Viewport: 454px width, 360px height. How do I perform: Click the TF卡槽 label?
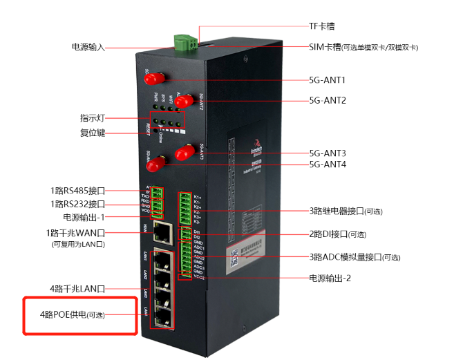pyautogui.click(x=321, y=26)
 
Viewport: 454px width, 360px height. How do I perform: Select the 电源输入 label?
pyautogui.click(x=88, y=47)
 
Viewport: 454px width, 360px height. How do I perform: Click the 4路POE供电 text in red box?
pyautogui.click(x=76, y=315)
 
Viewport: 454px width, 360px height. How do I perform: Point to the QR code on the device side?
pyautogui.click(x=234, y=256)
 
